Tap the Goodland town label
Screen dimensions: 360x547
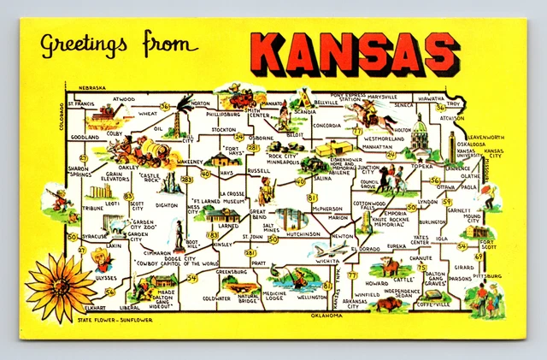pos(85,137)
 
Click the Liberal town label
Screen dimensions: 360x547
pos(131,307)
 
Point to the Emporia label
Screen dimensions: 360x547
pos(394,213)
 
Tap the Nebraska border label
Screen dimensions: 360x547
pos(91,88)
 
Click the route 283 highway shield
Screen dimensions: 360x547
pos(187,179)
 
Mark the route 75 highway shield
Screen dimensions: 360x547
pos(421,268)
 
